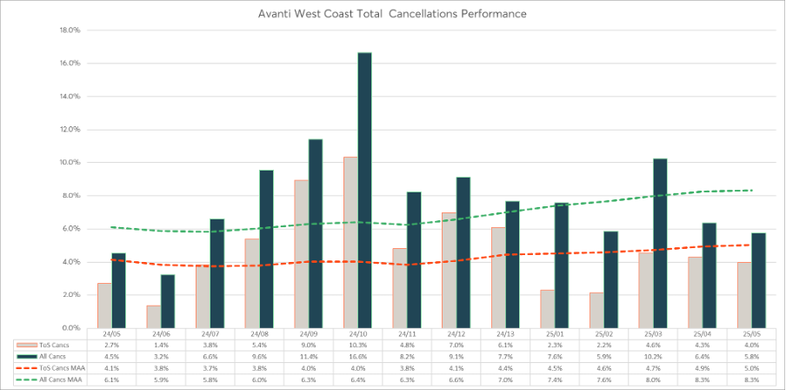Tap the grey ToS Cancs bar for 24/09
click(301, 253)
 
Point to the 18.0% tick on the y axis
click(69, 30)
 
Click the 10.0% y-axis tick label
click(69, 162)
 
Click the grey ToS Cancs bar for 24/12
click(449, 270)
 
